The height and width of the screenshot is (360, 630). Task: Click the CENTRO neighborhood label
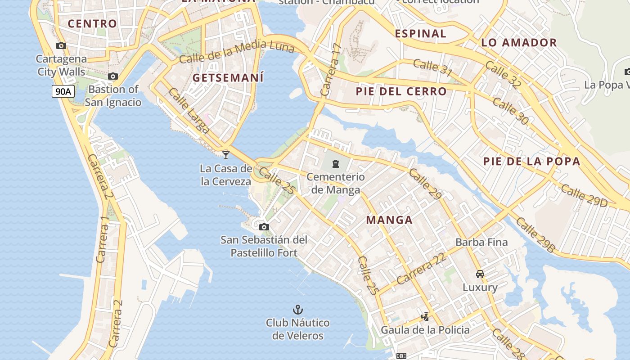(x=92, y=23)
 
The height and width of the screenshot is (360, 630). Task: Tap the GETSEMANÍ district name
(x=228, y=77)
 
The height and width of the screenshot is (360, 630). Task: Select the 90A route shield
(x=63, y=91)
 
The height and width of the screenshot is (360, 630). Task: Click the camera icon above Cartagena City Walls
(x=61, y=45)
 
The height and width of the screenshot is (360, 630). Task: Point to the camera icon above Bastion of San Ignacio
(x=113, y=76)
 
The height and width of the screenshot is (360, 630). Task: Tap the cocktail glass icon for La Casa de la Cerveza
(x=226, y=155)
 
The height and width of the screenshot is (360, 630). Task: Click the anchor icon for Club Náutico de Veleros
(x=298, y=309)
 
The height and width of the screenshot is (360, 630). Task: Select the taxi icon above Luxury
(x=480, y=274)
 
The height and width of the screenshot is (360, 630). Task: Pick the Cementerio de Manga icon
(x=335, y=163)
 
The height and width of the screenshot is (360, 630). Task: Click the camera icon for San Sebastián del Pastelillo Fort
(x=264, y=227)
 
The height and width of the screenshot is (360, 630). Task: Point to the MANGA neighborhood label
(x=389, y=220)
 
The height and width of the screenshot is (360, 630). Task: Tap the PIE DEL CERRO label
(x=401, y=91)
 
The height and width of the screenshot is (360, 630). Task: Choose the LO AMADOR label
(x=519, y=43)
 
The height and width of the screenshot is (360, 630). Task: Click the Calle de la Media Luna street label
(x=236, y=52)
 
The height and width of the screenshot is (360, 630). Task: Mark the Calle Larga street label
(x=189, y=111)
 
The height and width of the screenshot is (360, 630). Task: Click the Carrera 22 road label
(x=421, y=269)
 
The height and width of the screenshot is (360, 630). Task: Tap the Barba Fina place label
(x=481, y=242)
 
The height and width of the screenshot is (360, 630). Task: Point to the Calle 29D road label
(x=584, y=196)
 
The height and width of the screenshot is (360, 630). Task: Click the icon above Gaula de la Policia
(x=425, y=317)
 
